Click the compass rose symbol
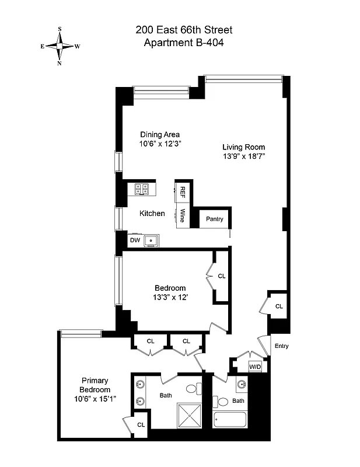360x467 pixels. tap(60, 46)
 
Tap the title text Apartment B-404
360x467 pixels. tap(179, 42)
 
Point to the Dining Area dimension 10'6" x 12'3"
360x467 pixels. tap(160, 144)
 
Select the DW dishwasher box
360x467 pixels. tap(135, 240)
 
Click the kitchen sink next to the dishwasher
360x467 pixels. tap(152, 239)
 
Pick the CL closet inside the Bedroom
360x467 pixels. tap(222, 276)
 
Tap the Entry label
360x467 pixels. tap(281, 346)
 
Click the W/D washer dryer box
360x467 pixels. tap(256, 367)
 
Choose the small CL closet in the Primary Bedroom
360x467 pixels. tap(141, 424)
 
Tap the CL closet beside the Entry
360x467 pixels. tap(278, 306)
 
